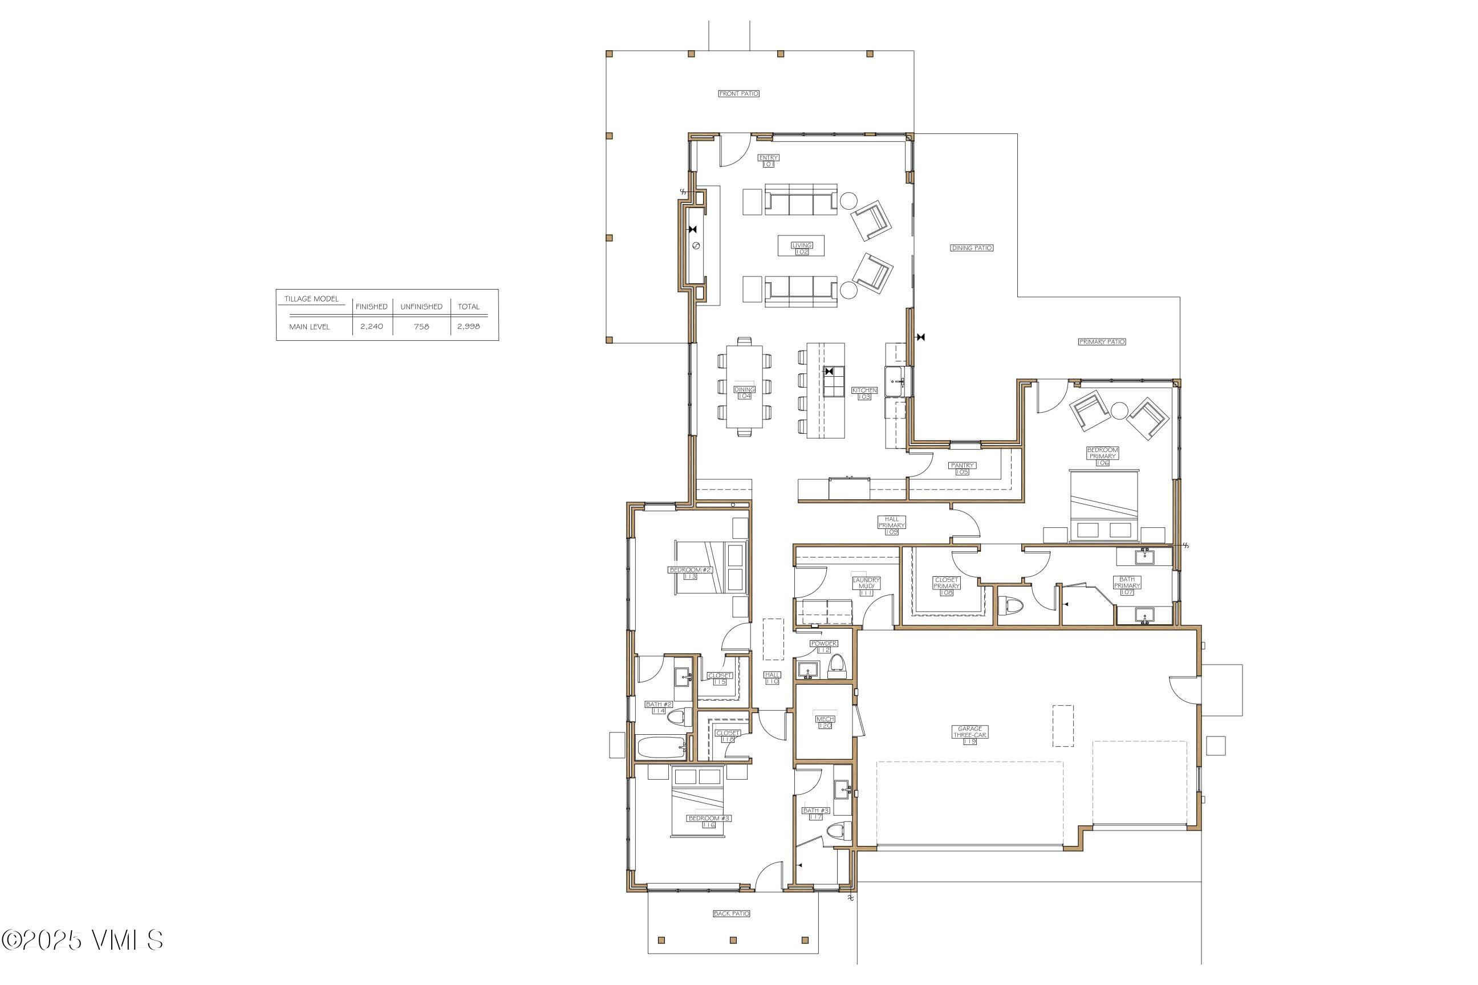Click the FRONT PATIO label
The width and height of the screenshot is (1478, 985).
738,93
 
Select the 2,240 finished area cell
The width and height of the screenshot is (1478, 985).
371,327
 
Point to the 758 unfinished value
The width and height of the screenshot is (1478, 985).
421,327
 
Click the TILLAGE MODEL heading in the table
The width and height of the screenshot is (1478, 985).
311,299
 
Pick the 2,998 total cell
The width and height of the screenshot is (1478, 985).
468,327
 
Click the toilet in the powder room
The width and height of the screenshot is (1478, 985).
837,664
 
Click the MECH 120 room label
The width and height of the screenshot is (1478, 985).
825,722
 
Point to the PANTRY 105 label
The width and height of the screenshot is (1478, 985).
961,469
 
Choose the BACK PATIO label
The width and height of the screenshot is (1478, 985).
732,913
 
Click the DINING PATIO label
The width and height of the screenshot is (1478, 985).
972,248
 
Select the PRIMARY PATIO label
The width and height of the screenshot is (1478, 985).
1102,342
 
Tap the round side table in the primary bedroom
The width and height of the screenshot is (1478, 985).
1119,412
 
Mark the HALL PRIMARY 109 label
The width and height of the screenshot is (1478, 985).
891,525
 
